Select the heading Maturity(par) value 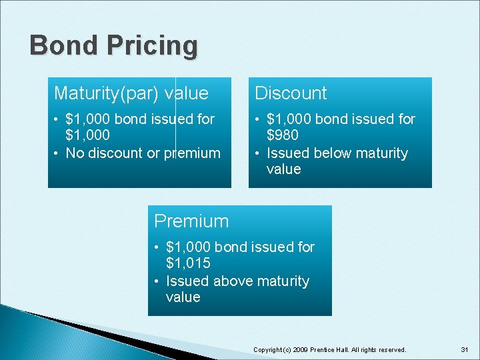(131, 93)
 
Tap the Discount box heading (291, 93)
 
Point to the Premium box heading (191, 221)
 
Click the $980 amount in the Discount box (283, 136)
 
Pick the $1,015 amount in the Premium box (188, 264)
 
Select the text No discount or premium (143, 153)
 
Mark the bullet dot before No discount (58, 153)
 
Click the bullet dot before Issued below (258, 153)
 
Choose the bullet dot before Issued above (158, 281)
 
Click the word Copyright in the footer (268, 349)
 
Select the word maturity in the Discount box (381, 153)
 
